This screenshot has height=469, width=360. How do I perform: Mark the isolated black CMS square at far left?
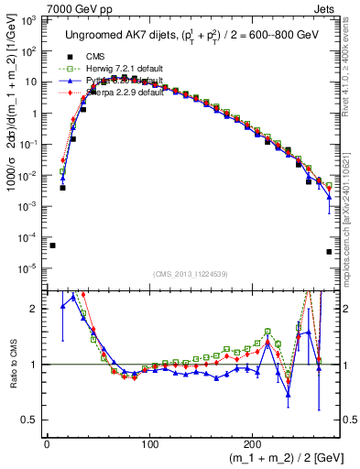click(x=53, y=245)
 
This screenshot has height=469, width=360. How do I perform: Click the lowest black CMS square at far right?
click(x=329, y=252)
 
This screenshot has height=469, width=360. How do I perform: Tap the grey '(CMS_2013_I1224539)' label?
click(x=191, y=273)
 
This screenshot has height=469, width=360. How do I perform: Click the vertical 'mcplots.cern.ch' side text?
click(x=353, y=211)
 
